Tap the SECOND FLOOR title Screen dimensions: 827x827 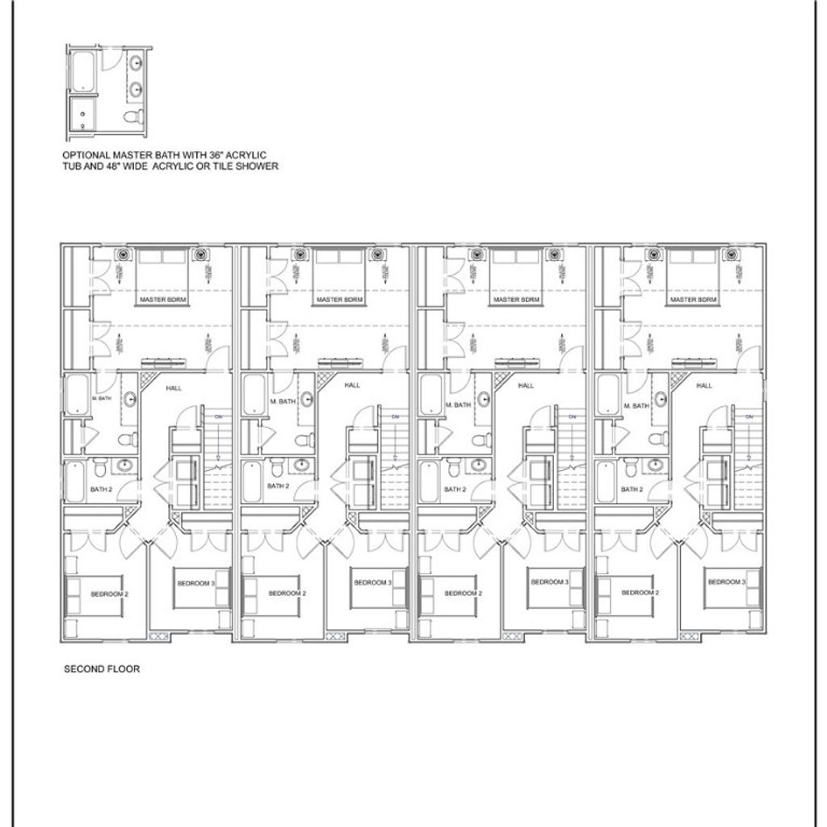pos(103,670)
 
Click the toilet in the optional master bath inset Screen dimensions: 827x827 pos(131,120)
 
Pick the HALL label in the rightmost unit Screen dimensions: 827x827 pos(704,386)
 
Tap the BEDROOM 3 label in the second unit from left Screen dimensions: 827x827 pos(372,582)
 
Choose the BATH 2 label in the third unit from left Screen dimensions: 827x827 pos(454,489)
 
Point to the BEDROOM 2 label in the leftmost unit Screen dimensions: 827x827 pos(110,594)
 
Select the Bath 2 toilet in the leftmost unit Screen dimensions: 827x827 pos(99,468)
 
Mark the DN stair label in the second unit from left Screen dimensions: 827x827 pos(394,415)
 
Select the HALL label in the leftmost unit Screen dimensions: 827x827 pos(173,388)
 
